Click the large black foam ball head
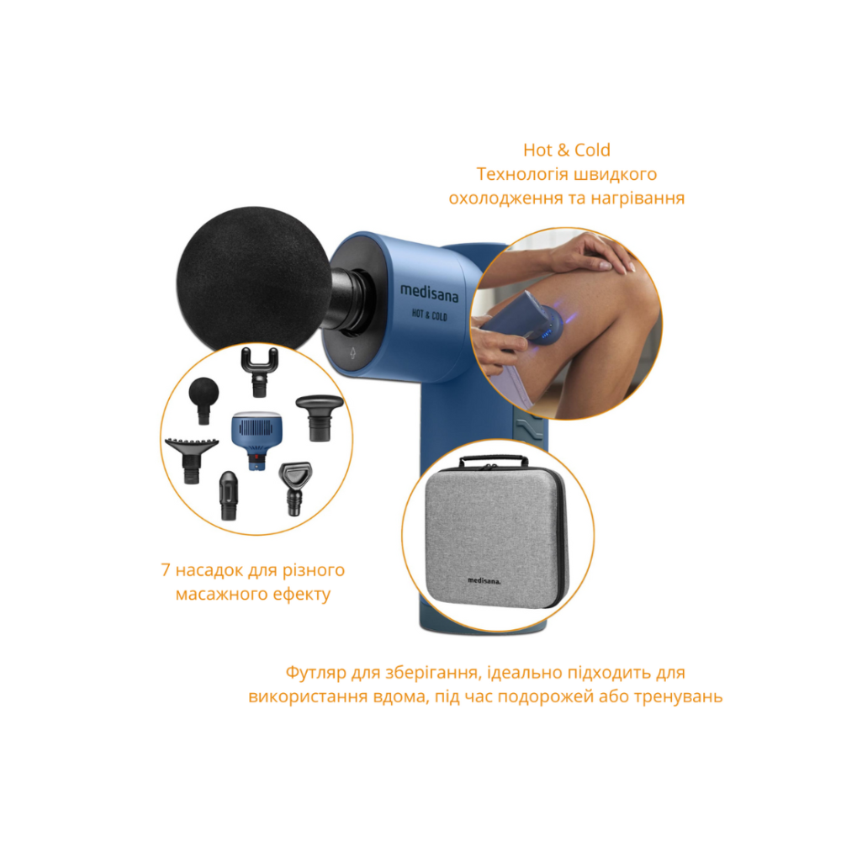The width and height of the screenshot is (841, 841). [x=254, y=279]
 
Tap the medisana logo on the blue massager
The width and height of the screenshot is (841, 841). [x=429, y=293]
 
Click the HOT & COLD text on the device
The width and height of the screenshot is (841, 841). [x=429, y=315]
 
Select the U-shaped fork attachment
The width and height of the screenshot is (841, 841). [x=260, y=372]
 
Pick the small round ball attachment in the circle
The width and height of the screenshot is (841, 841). [x=204, y=399]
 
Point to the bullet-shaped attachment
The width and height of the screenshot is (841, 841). [x=228, y=495]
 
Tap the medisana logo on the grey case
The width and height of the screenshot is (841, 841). [x=484, y=580]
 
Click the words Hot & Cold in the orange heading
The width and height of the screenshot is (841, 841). [x=567, y=151]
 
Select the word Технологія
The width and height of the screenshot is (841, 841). [x=515, y=174]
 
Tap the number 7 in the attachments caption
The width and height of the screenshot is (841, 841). [x=165, y=570]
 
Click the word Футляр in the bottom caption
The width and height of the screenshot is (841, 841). [x=316, y=673]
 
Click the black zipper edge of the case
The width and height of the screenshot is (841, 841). [x=561, y=537]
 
